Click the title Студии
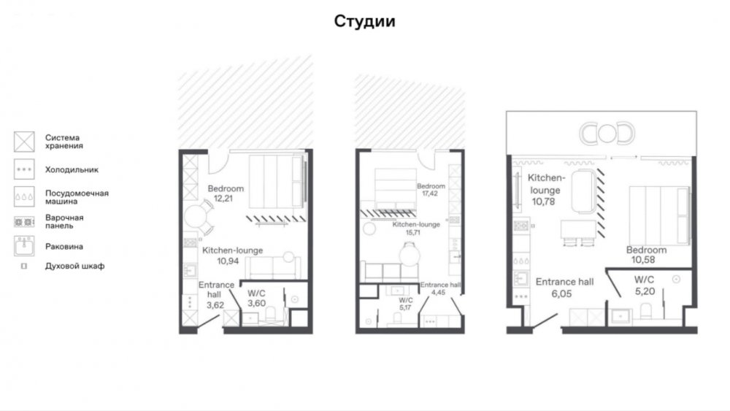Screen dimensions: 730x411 tap(364, 21)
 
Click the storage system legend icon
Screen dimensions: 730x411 tap(24, 142)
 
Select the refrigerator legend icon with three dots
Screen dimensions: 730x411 tap(24, 169)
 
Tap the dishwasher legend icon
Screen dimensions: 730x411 tap(24, 196)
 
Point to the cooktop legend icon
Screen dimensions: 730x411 tap(24, 222)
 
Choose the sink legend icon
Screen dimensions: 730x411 tap(24, 246)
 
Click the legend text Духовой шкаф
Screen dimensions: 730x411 tap(74, 266)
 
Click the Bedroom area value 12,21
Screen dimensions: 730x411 tap(223, 199)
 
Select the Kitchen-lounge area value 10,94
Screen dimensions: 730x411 tap(228, 261)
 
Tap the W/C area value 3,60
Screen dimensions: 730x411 tap(256, 304)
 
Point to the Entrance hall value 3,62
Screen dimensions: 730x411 tap(215, 305)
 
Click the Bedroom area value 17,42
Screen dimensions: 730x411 tap(430, 193)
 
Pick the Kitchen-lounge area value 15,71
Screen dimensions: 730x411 tap(412, 232)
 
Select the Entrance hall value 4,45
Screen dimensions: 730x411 tap(438, 293)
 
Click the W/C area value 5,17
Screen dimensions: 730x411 tap(405, 307)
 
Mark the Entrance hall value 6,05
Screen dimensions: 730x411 tap(561, 293)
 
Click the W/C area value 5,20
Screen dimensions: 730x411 tap(645, 291)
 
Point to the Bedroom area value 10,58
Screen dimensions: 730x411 tap(643, 260)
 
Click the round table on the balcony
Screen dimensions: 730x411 tap(607, 134)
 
